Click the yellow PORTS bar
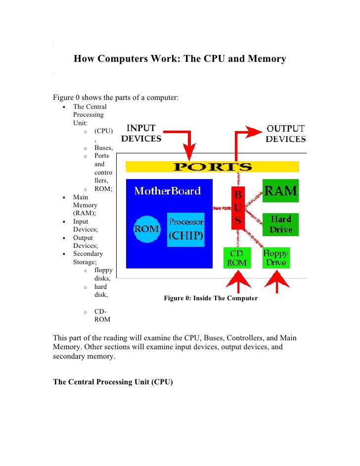click(x=212, y=167)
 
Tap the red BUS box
click(x=238, y=208)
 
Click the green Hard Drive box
click(x=280, y=224)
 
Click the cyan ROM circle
click(x=147, y=230)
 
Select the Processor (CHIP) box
click(x=186, y=230)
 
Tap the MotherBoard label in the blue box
click(x=167, y=191)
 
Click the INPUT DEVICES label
click(x=141, y=134)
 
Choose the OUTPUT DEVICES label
click(x=285, y=134)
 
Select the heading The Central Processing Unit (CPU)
click(x=113, y=382)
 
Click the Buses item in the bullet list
click(x=104, y=147)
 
